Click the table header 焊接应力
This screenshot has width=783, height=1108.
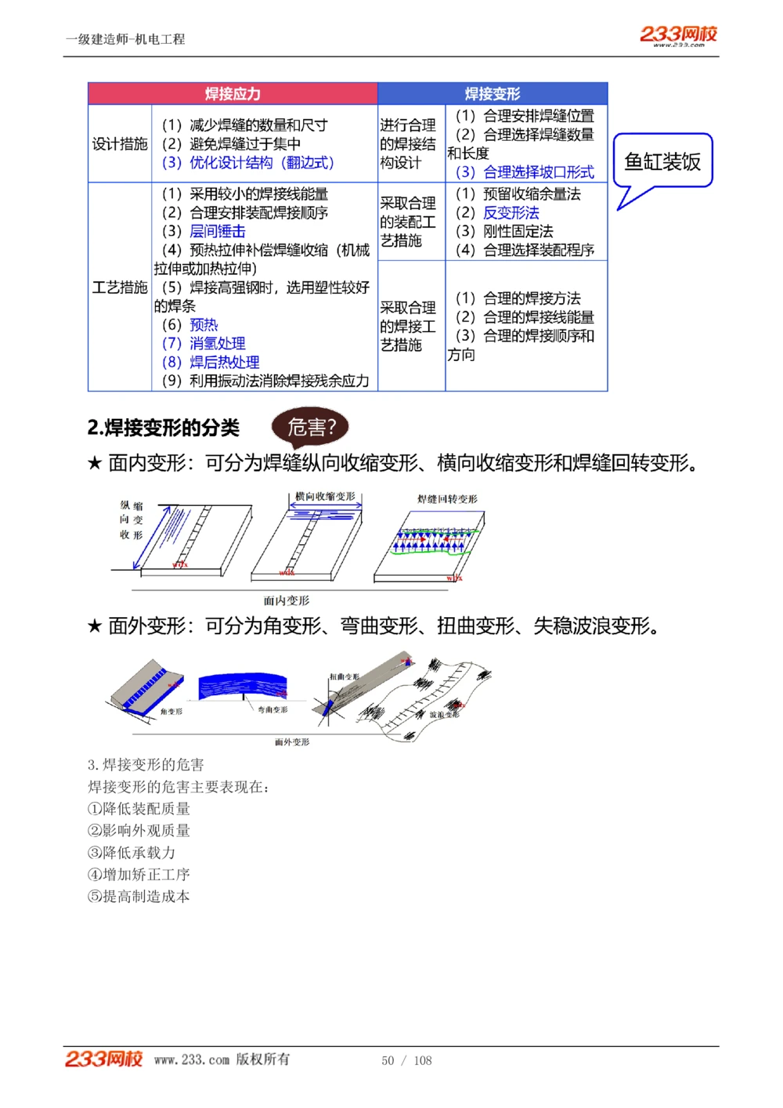pos(233,94)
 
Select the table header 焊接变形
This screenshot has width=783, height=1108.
pos(492,94)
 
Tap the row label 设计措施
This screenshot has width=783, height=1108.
pos(120,144)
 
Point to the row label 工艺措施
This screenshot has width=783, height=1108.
pos(120,287)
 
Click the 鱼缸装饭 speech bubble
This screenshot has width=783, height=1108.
pos(662,161)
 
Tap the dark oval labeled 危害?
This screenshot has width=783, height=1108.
pos(310,428)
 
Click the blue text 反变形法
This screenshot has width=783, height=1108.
pos(511,213)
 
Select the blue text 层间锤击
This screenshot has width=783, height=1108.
pos(217,232)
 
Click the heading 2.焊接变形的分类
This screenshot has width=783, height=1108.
pos(164,428)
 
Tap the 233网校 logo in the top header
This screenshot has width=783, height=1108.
pos(678,34)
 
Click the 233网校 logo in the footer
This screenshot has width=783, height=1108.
pos(103,1059)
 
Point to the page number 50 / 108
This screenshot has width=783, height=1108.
pos(406,1060)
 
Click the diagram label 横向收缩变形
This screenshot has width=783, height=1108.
pos(325,496)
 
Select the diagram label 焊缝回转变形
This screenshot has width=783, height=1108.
pos(447,499)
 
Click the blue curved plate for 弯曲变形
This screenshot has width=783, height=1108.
pos(243,687)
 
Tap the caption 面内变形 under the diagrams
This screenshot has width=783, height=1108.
pos(287,601)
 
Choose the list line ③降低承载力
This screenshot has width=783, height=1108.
pos(132,853)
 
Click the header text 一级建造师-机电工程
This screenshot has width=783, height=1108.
pos(125,39)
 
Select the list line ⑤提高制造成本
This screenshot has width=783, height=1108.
pos(139,897)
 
